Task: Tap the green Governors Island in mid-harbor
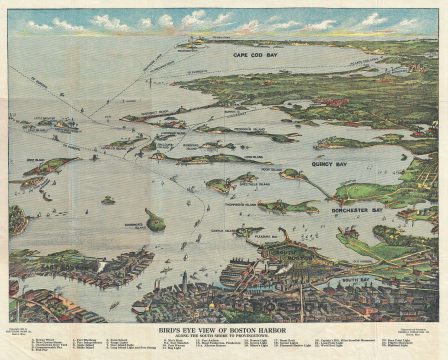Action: [154, 220]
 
